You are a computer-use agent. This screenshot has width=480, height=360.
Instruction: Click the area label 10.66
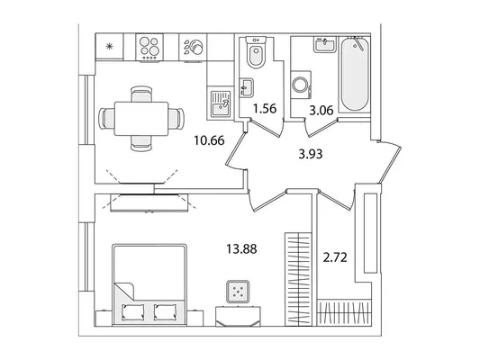[209, 140]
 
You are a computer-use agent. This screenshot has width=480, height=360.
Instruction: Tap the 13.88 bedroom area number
[241, 249]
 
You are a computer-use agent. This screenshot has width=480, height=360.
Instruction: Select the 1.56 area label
[265, 109]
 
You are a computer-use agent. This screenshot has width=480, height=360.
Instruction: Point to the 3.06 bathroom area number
[322, 110]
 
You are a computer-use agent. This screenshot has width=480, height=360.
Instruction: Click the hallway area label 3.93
[311, 154]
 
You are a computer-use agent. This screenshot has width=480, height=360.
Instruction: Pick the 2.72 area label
[335, 257]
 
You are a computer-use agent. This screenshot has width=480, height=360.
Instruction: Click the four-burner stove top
[149, 47]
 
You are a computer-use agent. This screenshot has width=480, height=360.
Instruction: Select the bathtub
[354, 75]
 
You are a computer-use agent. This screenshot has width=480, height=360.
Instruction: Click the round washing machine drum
[299, 85]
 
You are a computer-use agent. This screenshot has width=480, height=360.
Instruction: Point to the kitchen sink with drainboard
[221, 103]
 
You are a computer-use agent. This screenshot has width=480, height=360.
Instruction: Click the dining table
[141, 119]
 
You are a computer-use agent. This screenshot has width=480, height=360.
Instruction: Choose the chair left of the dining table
[106, 119]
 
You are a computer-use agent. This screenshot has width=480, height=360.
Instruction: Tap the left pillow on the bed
[133, 311]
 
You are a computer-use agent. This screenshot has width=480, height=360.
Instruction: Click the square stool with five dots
[238, 292]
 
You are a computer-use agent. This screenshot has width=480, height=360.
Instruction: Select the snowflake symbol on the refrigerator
[109, 47]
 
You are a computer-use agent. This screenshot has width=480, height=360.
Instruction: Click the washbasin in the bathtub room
[325, 45]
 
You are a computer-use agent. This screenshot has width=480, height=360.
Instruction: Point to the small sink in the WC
[247, 88]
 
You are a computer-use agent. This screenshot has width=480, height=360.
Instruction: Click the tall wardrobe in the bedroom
[298, 279]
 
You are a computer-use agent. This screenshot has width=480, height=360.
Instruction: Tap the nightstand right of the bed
[195, 318]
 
